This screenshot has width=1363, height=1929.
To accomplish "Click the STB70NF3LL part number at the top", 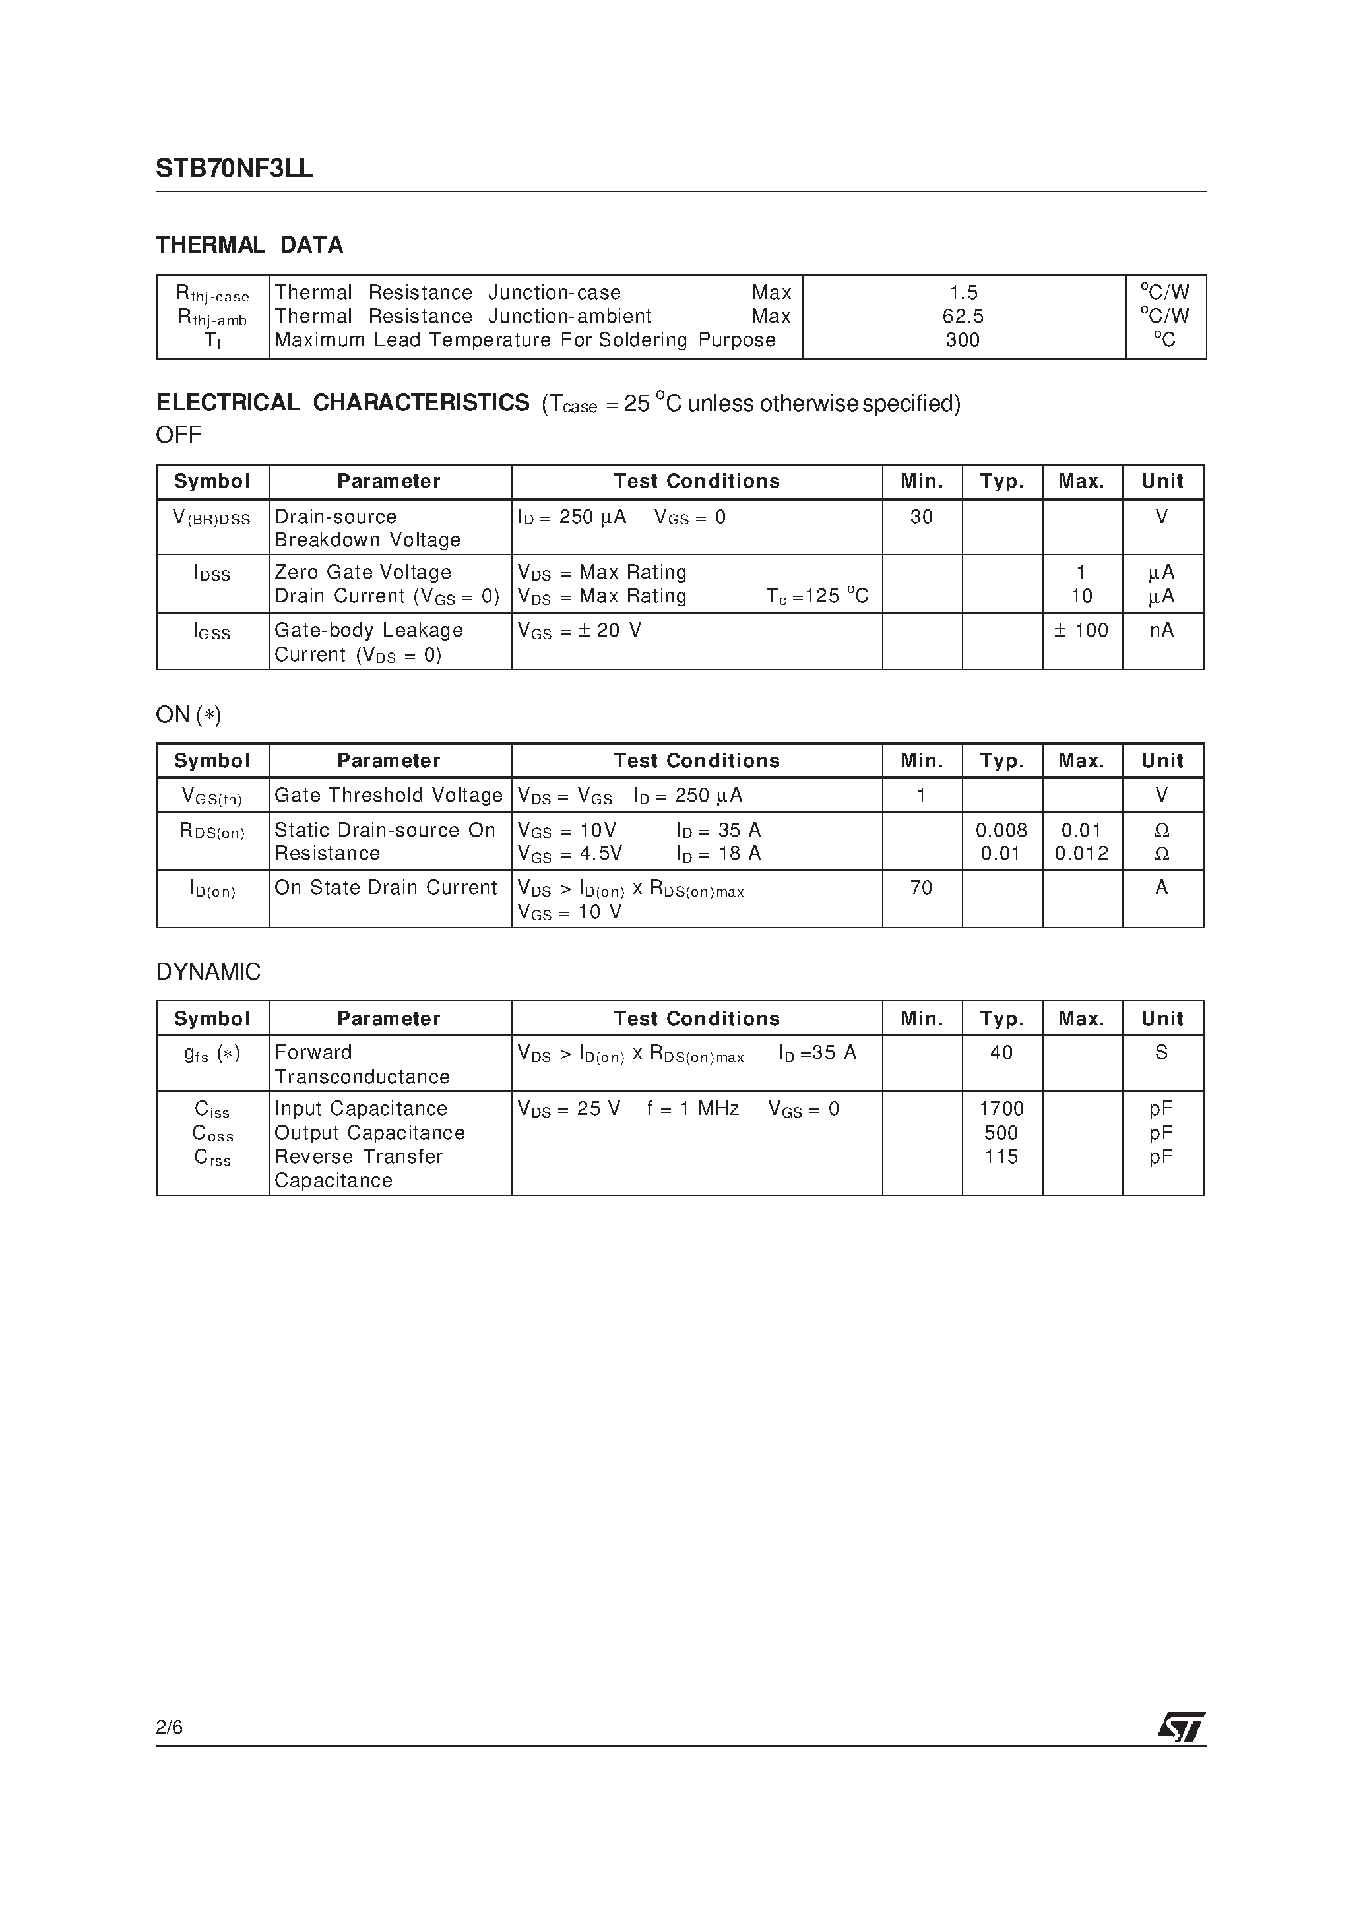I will pyautogui.click(x=234, y=169).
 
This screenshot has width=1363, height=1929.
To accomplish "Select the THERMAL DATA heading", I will pyautogui.click(x=249, y=245).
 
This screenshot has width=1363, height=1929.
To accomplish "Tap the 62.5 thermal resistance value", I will pyautogui.click(x=963, y=317).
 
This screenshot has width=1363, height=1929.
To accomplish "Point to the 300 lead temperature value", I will pyautogui.click(x=963, y=340).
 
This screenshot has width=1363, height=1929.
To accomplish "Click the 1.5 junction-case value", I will pyautogui.click(x=964, y=293).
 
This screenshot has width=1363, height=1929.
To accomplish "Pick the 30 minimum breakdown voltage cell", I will pyautogui.click(x=921, y=517).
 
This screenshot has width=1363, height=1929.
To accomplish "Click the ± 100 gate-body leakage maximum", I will pyautogui.click(x=1081, y=630).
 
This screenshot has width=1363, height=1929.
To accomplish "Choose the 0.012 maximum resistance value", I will pyautogui.click(x=1081, y=854).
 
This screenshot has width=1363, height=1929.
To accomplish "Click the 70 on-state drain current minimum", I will pyautogui.click(x=921, y=888).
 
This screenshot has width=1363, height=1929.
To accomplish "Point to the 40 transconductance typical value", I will pyautogui.click(x=1001, y=1053).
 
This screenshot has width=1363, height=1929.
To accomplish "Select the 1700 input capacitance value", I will pyautogui.click(x=1001, y=1109).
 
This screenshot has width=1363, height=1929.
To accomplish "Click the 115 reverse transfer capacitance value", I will pyautogui.click(x=1001, y=1157).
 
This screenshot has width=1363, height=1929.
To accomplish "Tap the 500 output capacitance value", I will pyautogui.click(x=1001, y=1133).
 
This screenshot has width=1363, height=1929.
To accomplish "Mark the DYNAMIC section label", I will pyautogui.click(x=208, y=972).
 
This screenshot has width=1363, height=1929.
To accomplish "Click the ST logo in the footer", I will pyautogui.click(x=1181, y=1728).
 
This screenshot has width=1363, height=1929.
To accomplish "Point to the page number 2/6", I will pyautogui.click(x=169, y=1727).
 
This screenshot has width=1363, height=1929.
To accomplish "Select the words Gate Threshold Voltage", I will pyautogui.click(x=388, y=796).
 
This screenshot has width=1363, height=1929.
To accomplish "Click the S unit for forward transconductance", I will pyautogui.click(x=1161, y=1053).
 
